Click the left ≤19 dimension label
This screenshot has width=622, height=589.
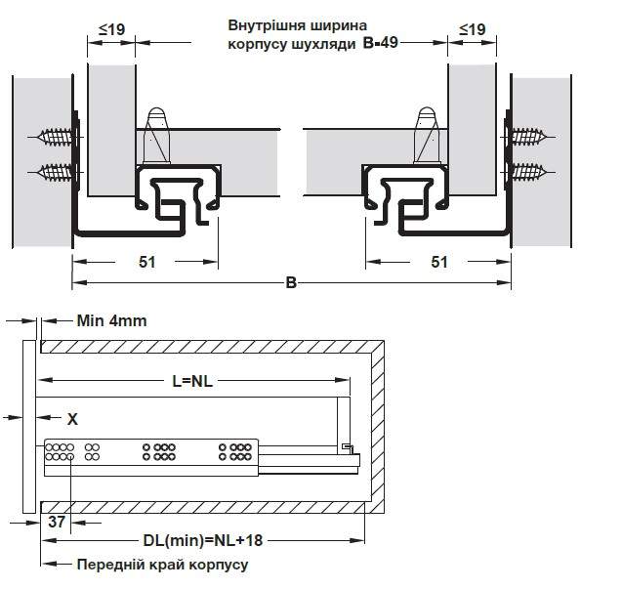pos(112,29)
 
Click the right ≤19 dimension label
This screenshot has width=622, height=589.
pos(473,29)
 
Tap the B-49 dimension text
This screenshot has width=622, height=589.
pos(381,42)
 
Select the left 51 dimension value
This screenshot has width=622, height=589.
pos(147,262)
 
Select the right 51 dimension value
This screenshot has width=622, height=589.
pos(439,262)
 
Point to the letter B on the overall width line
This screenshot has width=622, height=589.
pos(291,283)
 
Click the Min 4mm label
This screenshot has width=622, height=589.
pos(112,320)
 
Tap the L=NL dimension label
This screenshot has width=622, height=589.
pos(192,381)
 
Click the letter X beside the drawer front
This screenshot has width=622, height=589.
pos(72,419)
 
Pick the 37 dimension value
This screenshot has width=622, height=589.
pos(57,522)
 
